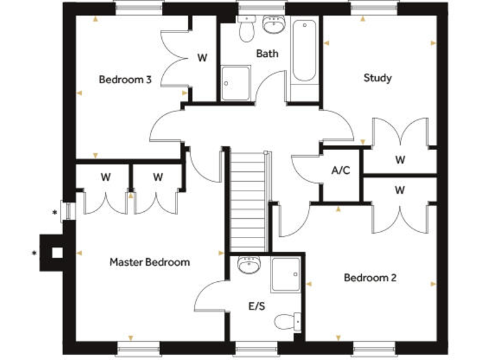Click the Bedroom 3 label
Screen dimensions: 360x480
tap(125, 80)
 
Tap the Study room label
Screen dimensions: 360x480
tap(377, 78)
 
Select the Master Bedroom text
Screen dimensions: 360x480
tap(149, 262)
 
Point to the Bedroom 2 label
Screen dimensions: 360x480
tap(370, 277)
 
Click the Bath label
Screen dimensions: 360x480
tap(267, 54)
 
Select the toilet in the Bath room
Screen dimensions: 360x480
tap(246, 28)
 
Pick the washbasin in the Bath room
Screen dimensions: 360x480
tap(273, 25)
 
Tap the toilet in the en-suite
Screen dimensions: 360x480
tap(286, 321)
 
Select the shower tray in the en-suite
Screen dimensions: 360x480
tap(286, 274)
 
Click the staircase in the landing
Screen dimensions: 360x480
tap(248, 200)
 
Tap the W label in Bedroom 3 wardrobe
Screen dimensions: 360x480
tap(202, 58)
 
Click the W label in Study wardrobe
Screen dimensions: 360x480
tap(400, 160)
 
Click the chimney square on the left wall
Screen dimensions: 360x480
tap(56, 252)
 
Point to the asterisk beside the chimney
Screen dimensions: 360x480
tap(34, 253)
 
